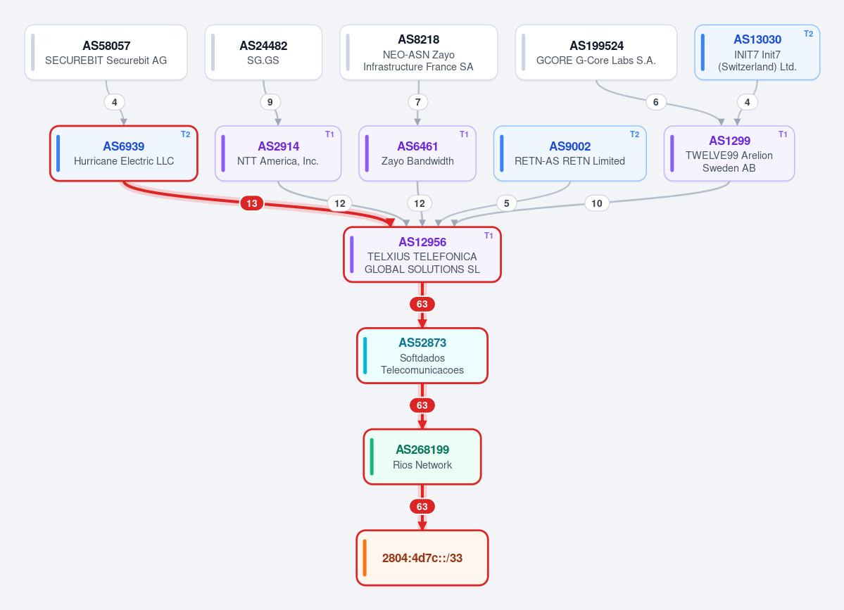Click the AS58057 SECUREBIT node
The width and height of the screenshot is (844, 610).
[x=106, y=52]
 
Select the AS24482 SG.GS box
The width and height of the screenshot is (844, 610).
[x=263, y=52]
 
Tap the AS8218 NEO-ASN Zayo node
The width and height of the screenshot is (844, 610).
[x=418, y=52]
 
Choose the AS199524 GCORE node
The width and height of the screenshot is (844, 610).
[x=596, y=52]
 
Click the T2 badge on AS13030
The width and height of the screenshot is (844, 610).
[x=808, y=34]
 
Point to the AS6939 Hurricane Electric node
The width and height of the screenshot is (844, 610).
[x=124, y=153]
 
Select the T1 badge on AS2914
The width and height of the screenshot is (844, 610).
[x=329, y=134]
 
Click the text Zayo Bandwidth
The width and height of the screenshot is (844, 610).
[x=417, y=161]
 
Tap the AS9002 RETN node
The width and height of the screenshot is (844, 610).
[x=569, y=153]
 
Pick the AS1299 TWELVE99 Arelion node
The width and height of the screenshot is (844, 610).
[x=729, y=153]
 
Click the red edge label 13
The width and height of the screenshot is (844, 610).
[x=252, y=203]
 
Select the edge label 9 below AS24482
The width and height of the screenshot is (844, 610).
[x=270, y=102]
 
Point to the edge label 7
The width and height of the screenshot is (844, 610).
[x=417, y=102]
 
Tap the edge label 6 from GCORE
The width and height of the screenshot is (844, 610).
[x=655, y=102]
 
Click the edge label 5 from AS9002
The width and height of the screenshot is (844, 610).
[x=507, y=203]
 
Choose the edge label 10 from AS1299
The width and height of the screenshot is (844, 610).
[x=596, y=203]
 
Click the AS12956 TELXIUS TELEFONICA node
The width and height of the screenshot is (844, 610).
[x=422, y=255]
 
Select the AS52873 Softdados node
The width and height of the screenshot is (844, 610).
[x=422, y=355]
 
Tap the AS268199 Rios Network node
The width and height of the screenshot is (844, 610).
[x=422, y=457]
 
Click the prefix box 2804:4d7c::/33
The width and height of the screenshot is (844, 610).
[x=422, y=558]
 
